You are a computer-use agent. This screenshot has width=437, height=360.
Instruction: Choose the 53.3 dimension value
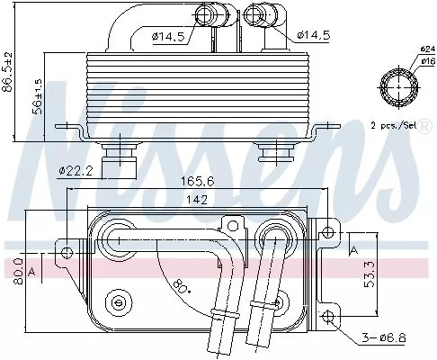(x=358, y=268)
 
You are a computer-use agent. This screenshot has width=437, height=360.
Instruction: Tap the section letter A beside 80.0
(x=32, y=269)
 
